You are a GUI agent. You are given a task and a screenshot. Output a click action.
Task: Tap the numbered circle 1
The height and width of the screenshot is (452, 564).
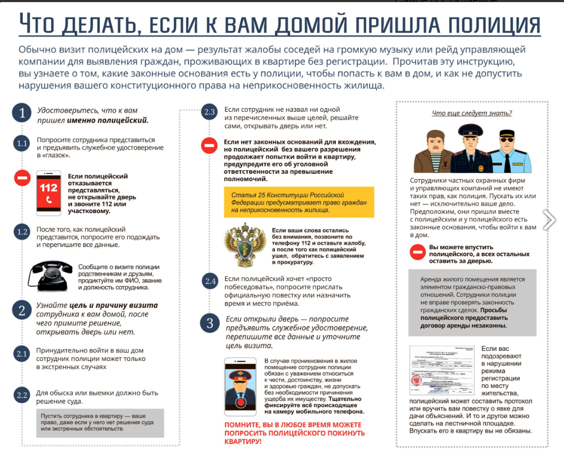pyautogui.click(x=22, y=113)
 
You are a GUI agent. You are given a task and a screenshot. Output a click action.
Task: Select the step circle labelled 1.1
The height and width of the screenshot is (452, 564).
pyautogui.click(x=22, y=143)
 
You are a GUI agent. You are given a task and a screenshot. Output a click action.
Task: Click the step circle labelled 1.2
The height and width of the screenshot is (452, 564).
pyautogui.click(x=22, y=232)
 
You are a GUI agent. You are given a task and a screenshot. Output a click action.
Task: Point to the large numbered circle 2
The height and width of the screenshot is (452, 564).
pyautogui.click(x=22, y=311)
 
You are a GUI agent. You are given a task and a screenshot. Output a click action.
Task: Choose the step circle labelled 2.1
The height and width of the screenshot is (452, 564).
pyautogui.click(x=22, y=354)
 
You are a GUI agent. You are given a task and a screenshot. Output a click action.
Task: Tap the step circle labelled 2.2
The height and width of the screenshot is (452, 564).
pyautogui.click(x=22, y=395)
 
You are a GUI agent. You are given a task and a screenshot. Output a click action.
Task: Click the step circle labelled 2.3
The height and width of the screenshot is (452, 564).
pyautogui.click(x=210, y=112)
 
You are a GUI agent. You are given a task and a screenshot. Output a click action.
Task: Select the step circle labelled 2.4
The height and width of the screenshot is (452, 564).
pyautogui.click(x=210, y=281)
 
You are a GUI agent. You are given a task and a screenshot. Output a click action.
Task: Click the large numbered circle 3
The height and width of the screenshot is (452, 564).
pyautogui.click(x=210, y=323)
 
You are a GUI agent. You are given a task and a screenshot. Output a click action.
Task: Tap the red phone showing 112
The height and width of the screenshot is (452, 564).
pyautogui.click(x=49, y=193)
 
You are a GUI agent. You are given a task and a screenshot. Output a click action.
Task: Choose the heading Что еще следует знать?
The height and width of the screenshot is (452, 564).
pyautogui.click(x=472, y=113)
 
